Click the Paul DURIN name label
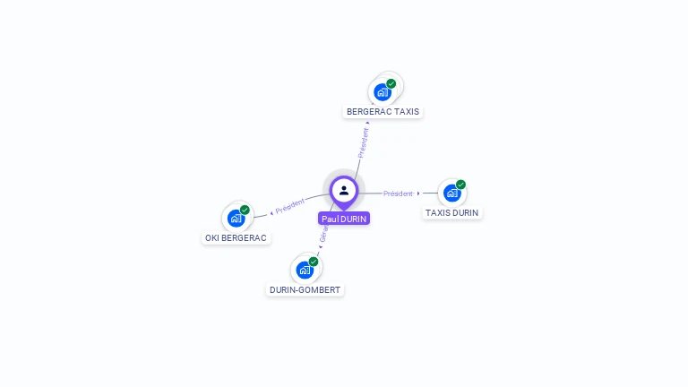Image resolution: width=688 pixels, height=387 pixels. point(344,219)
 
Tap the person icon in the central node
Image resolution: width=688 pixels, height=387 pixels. point(344,190)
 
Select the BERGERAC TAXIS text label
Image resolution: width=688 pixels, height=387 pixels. point(383,112)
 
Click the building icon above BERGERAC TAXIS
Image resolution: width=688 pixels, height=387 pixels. point(383,91)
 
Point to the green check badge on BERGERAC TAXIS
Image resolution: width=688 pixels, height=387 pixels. point(391,83)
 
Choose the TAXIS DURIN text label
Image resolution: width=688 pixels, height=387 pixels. point(451,213)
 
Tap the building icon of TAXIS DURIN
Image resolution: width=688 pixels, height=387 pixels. point(451,193)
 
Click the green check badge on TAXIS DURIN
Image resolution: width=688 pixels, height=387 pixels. point(460,185)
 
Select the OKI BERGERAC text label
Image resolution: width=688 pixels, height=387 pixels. point(236,238)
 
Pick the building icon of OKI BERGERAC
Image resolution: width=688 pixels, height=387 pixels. point(236,218)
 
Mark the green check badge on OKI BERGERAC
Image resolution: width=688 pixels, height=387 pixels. point(245,210)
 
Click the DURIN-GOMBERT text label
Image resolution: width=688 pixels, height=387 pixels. point(305,290)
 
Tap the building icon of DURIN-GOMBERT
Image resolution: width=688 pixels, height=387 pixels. point(305,270)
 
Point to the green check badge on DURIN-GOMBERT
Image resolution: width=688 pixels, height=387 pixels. point(314,262)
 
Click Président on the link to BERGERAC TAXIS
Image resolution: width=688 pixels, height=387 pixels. point(363,142)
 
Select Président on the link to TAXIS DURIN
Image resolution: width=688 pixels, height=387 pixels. point(398,193)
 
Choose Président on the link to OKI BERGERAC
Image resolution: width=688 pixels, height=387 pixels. point(290,207)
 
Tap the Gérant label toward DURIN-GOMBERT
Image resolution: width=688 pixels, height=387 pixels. point(323,235)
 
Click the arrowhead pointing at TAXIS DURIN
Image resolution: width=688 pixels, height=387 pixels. point(418,193)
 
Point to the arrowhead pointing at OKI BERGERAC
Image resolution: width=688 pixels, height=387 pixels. point(271,213)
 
